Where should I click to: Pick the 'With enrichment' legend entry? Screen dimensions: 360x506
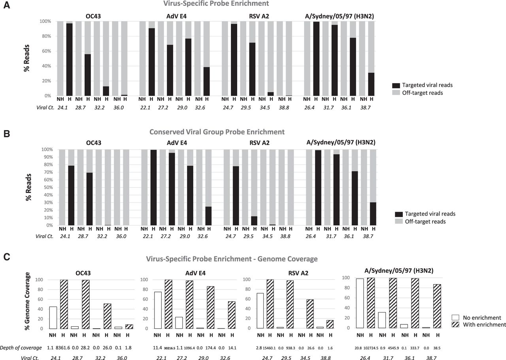click(x=478, y=324)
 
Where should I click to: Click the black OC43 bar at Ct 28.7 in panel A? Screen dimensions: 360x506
click(x=88, y=75)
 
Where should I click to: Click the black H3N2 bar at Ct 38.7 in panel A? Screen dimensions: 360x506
click(x=371, y=84)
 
